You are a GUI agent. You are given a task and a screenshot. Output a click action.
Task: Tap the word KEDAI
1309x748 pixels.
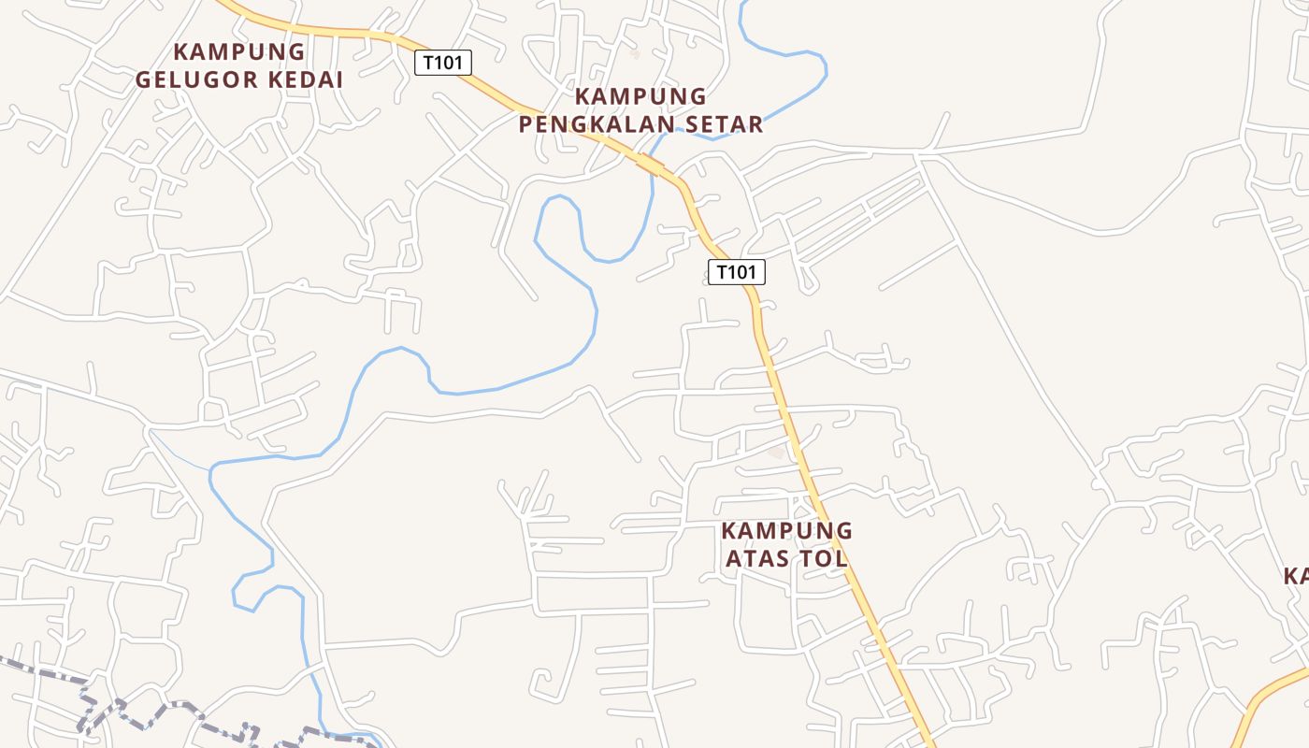pos(306,79)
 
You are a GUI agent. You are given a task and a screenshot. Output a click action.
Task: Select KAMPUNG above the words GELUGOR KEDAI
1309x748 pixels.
pos(239,51)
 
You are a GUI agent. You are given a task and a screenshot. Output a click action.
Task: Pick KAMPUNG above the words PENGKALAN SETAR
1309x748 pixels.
pos(640,96)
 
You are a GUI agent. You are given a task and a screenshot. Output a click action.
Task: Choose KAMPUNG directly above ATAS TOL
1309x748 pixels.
pos(786,531)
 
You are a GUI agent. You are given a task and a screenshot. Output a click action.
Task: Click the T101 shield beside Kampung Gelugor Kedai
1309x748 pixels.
pos(443,63)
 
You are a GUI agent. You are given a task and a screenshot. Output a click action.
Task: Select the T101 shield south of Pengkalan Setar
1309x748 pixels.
pos(736,272)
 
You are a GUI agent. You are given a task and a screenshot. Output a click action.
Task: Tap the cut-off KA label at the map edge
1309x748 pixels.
pos(1296,576)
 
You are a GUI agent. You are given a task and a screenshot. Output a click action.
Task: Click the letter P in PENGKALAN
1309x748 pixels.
pos(525,123)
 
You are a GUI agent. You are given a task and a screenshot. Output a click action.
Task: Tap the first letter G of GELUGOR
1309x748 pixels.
pos(143,79)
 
